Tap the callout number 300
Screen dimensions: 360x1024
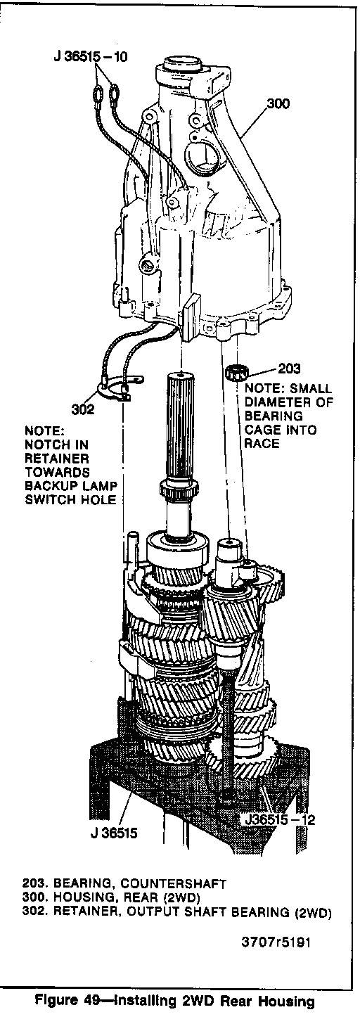coord(277,104)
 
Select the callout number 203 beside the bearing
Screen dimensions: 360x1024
coord(289,368)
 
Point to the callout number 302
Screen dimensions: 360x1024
coord(83,409)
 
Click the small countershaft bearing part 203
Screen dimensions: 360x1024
coord(236,371)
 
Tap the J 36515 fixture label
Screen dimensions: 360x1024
coord(114,833)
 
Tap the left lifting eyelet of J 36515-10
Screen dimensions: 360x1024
coord(97,95)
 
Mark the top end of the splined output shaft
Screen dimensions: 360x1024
coord(182,376)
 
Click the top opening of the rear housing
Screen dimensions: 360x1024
coord(183,62)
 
